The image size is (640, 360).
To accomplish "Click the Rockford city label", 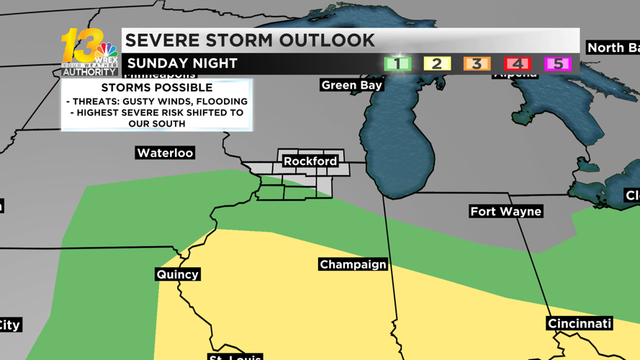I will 310,161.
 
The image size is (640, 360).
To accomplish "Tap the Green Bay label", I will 351,85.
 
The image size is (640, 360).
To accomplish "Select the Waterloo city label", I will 165,153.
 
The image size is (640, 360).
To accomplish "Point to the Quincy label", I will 177,274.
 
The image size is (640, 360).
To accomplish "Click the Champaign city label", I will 353,264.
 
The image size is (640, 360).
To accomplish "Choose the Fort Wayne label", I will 505,211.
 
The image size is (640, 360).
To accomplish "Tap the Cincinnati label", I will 580,323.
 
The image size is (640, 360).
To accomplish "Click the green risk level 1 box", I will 397,63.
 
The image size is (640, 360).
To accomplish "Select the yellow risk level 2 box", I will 436,63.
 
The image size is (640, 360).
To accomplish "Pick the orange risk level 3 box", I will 477,63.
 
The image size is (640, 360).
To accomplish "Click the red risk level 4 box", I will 517,63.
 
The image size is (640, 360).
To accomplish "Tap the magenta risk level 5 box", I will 557,63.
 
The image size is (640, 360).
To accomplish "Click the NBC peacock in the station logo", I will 107,53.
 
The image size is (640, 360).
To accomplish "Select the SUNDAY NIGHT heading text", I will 182,63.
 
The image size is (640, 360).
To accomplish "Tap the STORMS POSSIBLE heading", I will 156,88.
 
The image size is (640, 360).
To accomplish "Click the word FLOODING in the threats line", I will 220,102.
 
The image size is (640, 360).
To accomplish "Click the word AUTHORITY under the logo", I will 89,72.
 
